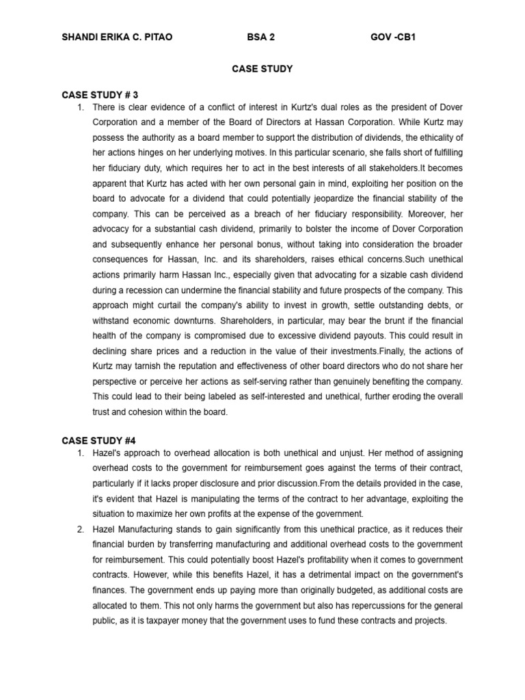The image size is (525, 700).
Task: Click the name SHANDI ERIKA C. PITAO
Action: click(117, 37)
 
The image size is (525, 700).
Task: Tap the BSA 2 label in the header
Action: click(260, 37)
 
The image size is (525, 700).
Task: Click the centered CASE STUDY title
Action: click(262, 68)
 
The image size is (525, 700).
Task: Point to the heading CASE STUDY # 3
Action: click(99, 94)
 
